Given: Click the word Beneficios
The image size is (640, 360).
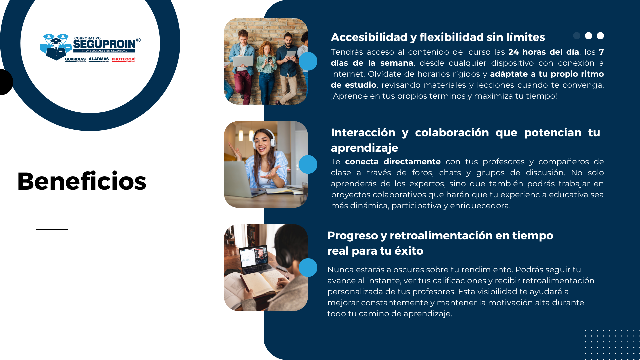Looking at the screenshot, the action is coord(82,181).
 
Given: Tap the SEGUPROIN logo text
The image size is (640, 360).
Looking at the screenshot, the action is coord(104,44).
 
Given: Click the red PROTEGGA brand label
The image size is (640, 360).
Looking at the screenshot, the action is coord(123,59).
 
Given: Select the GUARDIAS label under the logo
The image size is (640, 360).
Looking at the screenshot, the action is coord(75,59).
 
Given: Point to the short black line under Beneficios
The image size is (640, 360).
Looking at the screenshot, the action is coord(52,229).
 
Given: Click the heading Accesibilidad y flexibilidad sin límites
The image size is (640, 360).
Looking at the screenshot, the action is coord(438,37).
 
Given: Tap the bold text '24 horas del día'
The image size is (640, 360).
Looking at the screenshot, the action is coord(543,52).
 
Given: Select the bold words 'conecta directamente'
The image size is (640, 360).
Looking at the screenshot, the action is coord(393,162).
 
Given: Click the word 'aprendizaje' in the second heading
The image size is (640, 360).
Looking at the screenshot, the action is coord(364,148).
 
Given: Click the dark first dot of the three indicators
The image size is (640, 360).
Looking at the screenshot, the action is coord(577,36).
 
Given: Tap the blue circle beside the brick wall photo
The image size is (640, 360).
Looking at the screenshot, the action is coord(308,61).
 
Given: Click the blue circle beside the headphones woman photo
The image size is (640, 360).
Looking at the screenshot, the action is coord(308,164).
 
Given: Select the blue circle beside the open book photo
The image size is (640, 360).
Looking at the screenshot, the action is coord(308,267).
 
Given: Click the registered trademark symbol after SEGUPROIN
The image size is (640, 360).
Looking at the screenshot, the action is coord(138,40).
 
